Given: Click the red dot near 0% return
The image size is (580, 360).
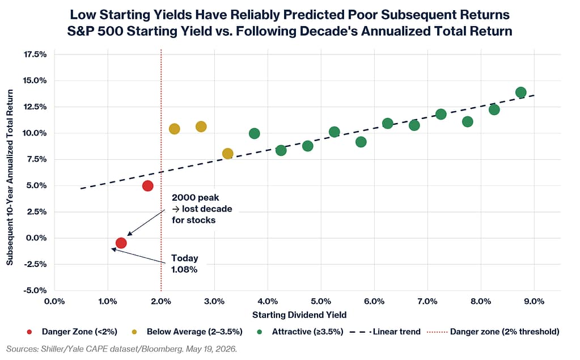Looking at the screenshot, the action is tap(121, 243).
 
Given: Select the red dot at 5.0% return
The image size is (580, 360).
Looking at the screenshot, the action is tap(147, 186).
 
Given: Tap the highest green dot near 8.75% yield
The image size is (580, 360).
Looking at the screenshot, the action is tap(521, 92).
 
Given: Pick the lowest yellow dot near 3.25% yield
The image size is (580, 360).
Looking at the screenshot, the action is tap(227, 154).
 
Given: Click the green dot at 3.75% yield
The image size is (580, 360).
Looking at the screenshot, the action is tap(254, 134).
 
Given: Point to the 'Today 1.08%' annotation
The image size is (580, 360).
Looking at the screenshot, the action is tap(184, 264).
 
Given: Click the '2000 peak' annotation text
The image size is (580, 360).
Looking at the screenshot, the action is tap(195, 197).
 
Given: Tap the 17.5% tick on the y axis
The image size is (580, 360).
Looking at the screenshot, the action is tap(35, 54).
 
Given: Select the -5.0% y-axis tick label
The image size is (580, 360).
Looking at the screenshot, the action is tap(35, 290).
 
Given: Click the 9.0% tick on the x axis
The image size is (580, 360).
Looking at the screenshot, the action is tap(534, 301).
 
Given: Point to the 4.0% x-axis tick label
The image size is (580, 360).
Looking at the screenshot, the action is tap(268, 301).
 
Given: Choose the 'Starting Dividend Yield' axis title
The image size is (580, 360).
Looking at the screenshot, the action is tap(299, 315).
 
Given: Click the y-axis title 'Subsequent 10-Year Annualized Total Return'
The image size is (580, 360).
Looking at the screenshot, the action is tap(10, 177).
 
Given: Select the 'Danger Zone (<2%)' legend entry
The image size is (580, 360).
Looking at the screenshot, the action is tap(73, 332).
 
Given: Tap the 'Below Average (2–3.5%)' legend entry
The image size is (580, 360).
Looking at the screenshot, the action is tap(187, 332).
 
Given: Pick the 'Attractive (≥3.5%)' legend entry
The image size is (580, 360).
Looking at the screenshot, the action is tap(300, 332).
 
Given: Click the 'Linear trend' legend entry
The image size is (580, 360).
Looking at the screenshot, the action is tap(385, 332).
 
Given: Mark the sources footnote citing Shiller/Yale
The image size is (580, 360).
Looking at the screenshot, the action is tap(122, 349).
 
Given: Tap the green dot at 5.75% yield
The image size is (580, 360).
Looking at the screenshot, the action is tap(361, 142).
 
